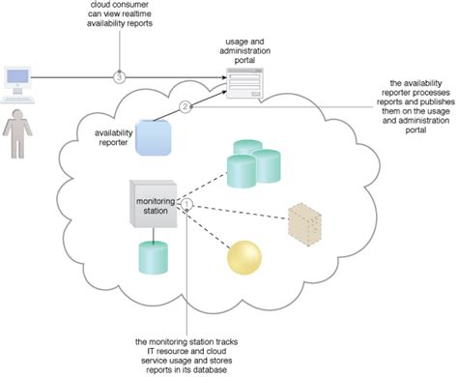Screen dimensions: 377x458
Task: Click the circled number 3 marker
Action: [x=119, y=75]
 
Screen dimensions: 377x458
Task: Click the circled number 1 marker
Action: [x=189, y=205]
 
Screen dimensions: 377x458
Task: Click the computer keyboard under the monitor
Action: [x=21, y=100]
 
